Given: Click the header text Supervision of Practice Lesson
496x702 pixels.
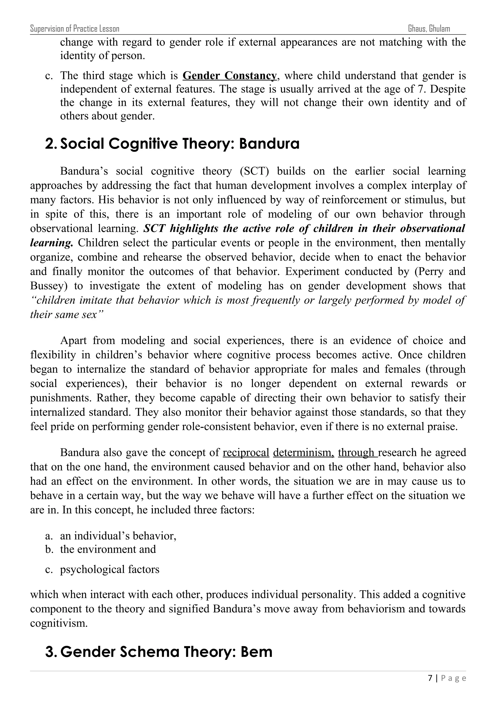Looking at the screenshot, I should [x=75, y=29].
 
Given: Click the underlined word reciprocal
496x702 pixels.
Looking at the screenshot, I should [x=246, y=452].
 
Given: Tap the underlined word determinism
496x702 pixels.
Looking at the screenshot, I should [x=303, y=452].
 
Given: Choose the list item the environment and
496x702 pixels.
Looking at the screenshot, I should [x=108, y=549].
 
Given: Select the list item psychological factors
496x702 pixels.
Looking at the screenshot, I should [x=110, y=569].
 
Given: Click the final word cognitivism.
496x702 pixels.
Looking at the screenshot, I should [x=59, y=623].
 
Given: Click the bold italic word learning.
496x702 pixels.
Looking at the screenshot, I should [x=51, y=243].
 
